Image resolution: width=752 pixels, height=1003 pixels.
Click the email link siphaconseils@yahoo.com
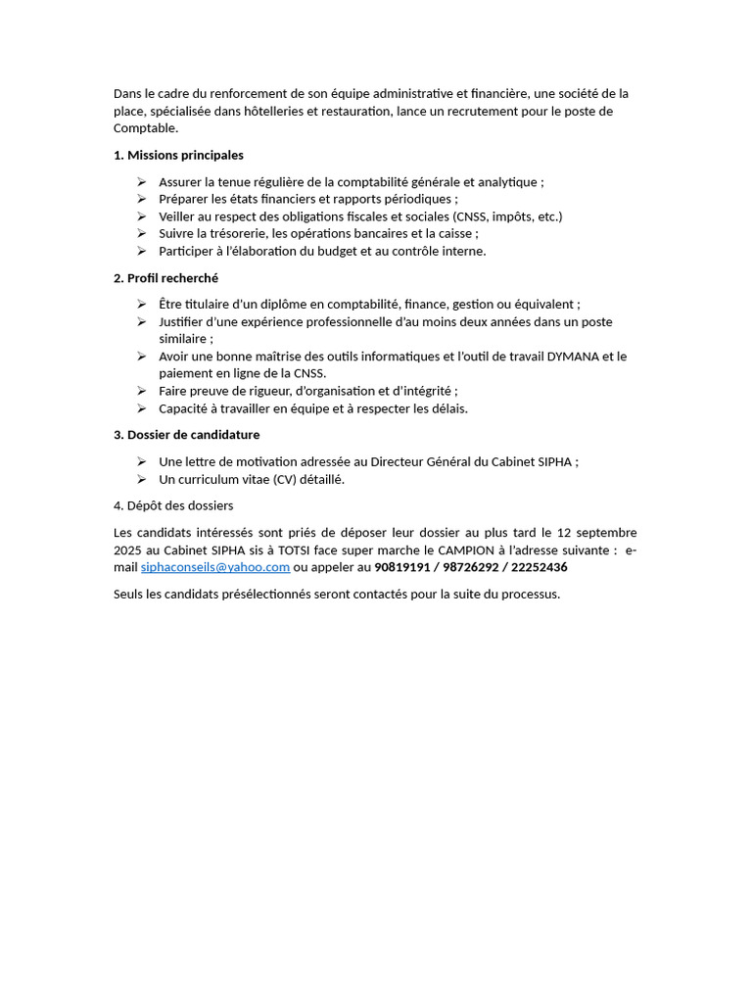point(215,567)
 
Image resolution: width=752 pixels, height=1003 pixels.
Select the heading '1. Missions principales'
point(178,155)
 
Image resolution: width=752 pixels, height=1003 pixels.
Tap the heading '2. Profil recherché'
point(165,278)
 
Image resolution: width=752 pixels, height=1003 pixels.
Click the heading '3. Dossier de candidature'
point(186,435)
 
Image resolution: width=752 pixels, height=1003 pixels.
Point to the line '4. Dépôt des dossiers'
point(173,505)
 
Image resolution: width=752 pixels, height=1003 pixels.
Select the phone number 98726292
point(471,567)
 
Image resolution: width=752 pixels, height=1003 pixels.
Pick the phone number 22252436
point(539,567)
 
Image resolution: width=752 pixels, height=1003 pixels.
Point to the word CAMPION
point(463,550)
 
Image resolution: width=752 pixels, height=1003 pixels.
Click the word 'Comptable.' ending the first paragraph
point(147,128)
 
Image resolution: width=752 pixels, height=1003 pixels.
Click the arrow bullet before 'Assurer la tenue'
point(141,182)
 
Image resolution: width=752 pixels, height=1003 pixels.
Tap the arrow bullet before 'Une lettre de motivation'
point(141,461)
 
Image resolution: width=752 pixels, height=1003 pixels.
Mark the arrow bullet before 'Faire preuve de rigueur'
point(141,391)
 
